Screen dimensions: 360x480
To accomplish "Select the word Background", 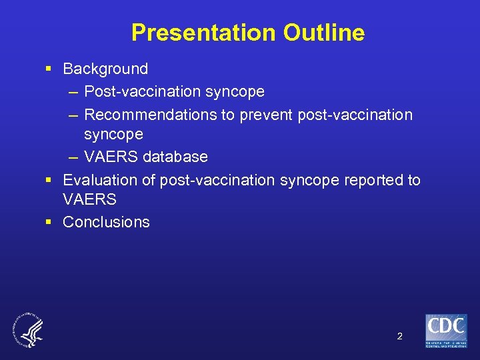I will click(x=105, y=69).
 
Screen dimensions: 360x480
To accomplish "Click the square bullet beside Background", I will click(x=49, y=69).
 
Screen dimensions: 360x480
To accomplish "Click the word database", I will click(x=175, y=157).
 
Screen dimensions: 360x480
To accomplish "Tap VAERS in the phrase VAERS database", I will click(x=111, y=157).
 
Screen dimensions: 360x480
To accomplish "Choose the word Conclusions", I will click(x=106, y=222).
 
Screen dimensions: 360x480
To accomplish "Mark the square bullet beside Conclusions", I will click(x=49, y=222).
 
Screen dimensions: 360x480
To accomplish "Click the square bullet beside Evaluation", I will click(x=49, y=180).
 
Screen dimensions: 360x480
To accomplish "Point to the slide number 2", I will click(x=399, y=336).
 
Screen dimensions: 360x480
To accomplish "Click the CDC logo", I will click(x=446, y=331).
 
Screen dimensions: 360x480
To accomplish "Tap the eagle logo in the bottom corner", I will click(x=27, y=330).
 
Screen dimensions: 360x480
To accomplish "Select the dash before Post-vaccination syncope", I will click(x=72, y=91).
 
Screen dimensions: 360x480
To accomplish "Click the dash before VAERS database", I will click(x=72, y=157).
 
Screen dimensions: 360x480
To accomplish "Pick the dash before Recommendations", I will click(x=72, y=115).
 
